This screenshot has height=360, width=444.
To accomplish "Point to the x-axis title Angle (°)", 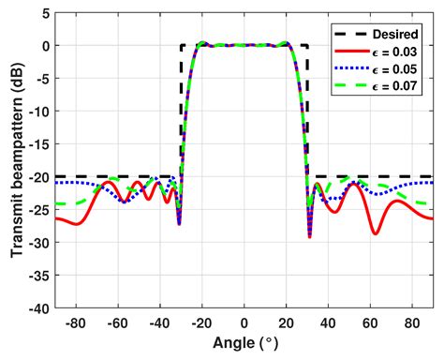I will point(244,346).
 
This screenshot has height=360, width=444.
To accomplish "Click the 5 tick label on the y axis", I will point(45,13).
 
